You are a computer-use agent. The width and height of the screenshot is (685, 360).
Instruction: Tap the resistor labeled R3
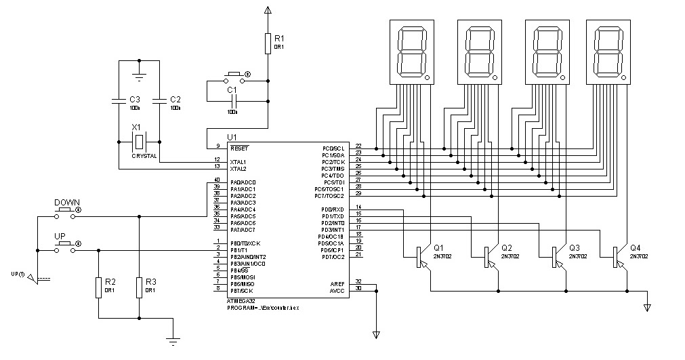(x=139, y=287)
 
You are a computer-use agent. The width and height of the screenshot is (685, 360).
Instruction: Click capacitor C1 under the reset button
(x=233, y=100)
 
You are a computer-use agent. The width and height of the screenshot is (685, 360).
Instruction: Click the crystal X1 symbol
(x=139, y=142)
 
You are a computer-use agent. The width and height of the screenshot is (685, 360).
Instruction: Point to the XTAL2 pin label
(x=238, y=168)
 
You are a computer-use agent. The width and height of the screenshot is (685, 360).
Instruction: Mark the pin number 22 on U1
(x=358, y=146)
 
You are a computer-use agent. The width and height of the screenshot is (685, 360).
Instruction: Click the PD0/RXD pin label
(x=333, y=209)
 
